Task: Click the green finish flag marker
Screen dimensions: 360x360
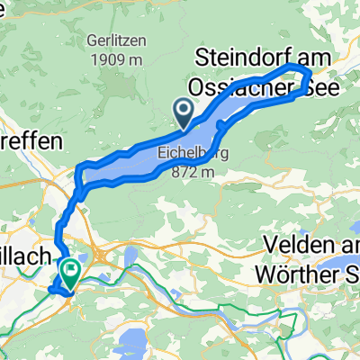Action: (68, 269)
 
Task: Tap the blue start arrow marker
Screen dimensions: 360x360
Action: (184, 112)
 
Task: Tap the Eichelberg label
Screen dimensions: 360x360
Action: (193, 153)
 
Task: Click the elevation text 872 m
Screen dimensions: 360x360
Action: (193, 169)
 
